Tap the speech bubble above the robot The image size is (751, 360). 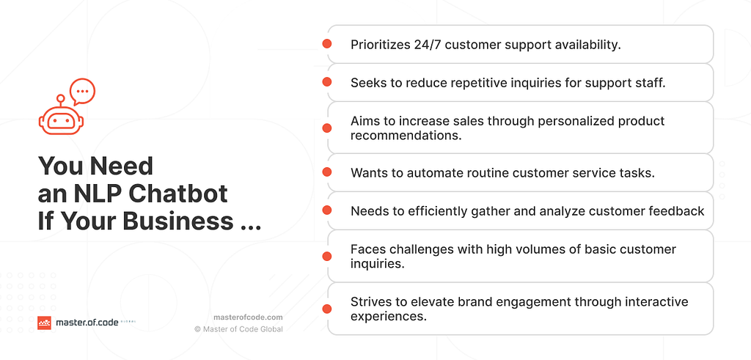coord(82,92)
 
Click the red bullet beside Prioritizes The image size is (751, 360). coord(327,44)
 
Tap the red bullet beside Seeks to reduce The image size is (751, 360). coord(327,82)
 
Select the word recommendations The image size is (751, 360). coord(406,136)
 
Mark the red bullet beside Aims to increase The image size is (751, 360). coord(327,128)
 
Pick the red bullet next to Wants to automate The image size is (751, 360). coord(327,172)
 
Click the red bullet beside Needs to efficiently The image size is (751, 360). coord(327,210)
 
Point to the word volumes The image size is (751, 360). coord(494,249)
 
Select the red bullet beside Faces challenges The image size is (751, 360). coord(327,256)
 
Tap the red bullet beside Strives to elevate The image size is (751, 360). coord(327,309)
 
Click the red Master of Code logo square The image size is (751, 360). coord(45,323)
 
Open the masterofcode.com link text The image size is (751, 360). coord(248,317)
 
